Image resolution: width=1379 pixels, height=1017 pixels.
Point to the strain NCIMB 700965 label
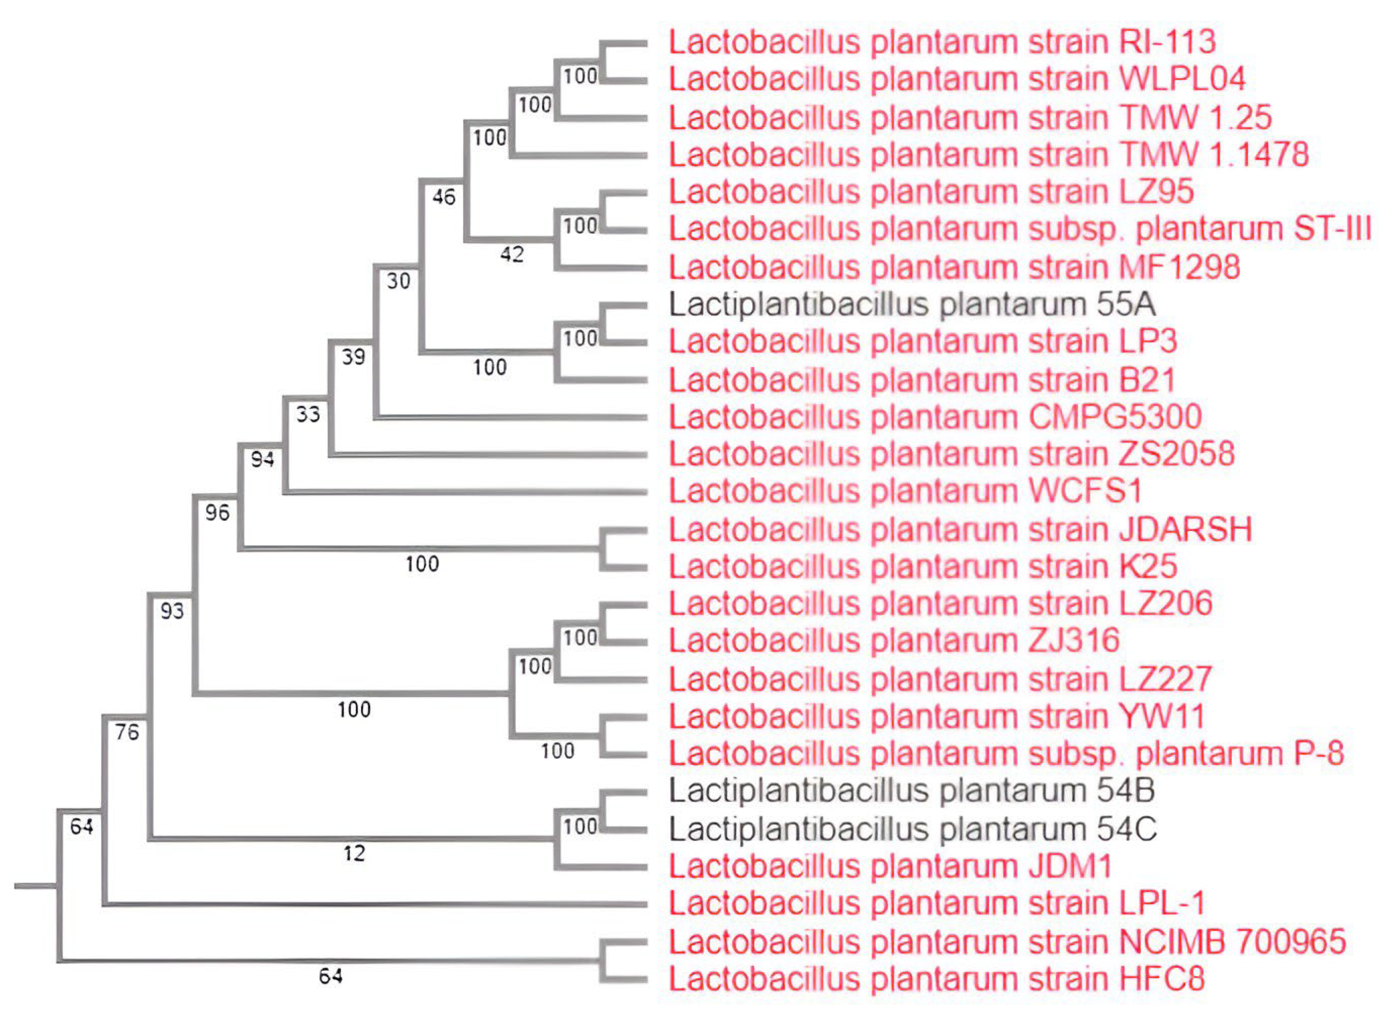click(1007, 941)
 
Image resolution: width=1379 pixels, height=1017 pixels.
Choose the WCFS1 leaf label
click(905, 491)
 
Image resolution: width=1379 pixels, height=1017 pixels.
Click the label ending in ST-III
click(1020, 229)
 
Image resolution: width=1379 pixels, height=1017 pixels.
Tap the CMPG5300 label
click(935, 417)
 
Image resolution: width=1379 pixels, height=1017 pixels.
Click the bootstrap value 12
click(354, 853)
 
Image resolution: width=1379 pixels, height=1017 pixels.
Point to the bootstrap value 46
click(444, 197)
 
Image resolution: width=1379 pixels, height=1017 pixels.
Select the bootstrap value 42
click(512, 253)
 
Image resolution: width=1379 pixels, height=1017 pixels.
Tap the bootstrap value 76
click(127, 732)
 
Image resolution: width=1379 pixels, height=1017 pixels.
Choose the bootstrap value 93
click(172, 611)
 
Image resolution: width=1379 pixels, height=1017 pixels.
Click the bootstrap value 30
click(398, 281)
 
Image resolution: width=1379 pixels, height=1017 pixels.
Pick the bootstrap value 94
click(262, 459)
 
